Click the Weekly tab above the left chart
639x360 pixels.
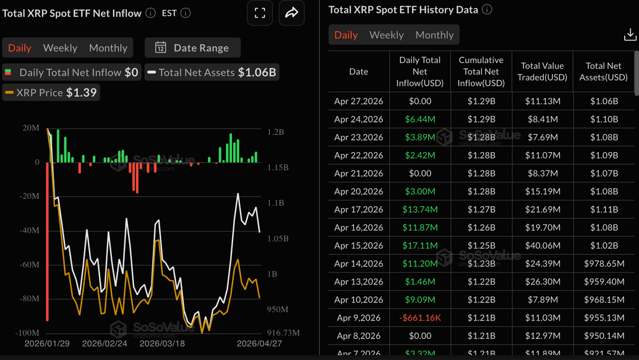pyautogui.click(x=60, y=48)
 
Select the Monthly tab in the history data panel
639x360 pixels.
pyautogui.click(x=434, y=35)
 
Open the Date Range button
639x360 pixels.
pyautogui.click(x=192, y=48)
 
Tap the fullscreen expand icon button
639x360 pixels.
pyautogui.click(x=260, y=13)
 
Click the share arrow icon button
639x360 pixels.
pyautogui.click(x=291, y=13)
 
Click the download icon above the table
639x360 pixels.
pyautogui.click(x=630, y=35)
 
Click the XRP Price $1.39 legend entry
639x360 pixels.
pyautogui.click(x=51, y=92)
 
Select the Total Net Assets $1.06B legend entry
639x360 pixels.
pyautogui.click(x=211, y=72)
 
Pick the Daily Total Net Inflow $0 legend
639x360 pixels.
pyautogui.click(x=72, y=72)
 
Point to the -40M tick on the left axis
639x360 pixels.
pyautogui.click(x=29, y=230)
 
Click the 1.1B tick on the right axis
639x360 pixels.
pyautogui.click(x=275, y=203)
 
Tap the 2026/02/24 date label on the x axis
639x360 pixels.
pyautogui.click(x=105, y=343)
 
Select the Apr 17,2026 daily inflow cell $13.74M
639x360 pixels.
pyautogui.click(x=420, y=209)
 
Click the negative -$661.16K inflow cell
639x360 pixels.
pyautogui.click(x=420, y=318)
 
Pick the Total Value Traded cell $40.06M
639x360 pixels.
pyautogui.click(x=542, y=246)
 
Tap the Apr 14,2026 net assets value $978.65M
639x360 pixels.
pyautogui.click(x=603, y=264)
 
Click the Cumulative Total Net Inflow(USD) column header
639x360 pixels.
pyautogui.click(x=481, y=71)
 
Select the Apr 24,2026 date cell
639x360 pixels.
pyautogui.click(x=358, y=119)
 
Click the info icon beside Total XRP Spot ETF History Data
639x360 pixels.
pyautogui.click(x=487, y=10)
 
